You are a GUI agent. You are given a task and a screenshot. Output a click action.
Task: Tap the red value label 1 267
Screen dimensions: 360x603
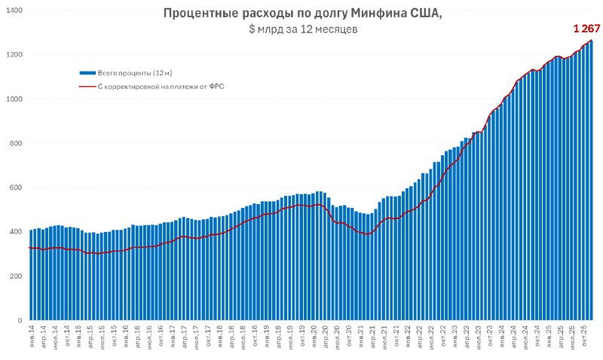pos(585,29)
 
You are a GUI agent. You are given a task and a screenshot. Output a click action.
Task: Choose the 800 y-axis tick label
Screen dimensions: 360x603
pos(17,144)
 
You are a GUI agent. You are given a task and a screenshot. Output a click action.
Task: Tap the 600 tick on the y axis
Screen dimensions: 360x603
pos(17,188)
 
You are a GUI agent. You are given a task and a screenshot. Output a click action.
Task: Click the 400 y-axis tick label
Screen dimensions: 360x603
pos(17,232)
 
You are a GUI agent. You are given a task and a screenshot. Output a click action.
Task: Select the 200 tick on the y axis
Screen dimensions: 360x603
pos(17,276)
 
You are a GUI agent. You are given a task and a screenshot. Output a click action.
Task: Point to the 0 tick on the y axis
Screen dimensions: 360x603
pos(20,321)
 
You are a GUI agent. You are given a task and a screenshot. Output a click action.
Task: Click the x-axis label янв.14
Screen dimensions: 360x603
pos(32,337)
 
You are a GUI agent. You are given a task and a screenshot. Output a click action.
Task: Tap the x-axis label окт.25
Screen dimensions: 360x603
pos(585,337)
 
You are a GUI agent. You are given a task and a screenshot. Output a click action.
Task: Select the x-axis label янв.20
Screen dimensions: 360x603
pos(314,337)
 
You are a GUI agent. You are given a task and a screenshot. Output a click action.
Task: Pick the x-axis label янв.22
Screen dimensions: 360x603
pos(408,337)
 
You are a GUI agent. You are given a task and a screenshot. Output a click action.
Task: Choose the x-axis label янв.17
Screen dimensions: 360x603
pos(173,337)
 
